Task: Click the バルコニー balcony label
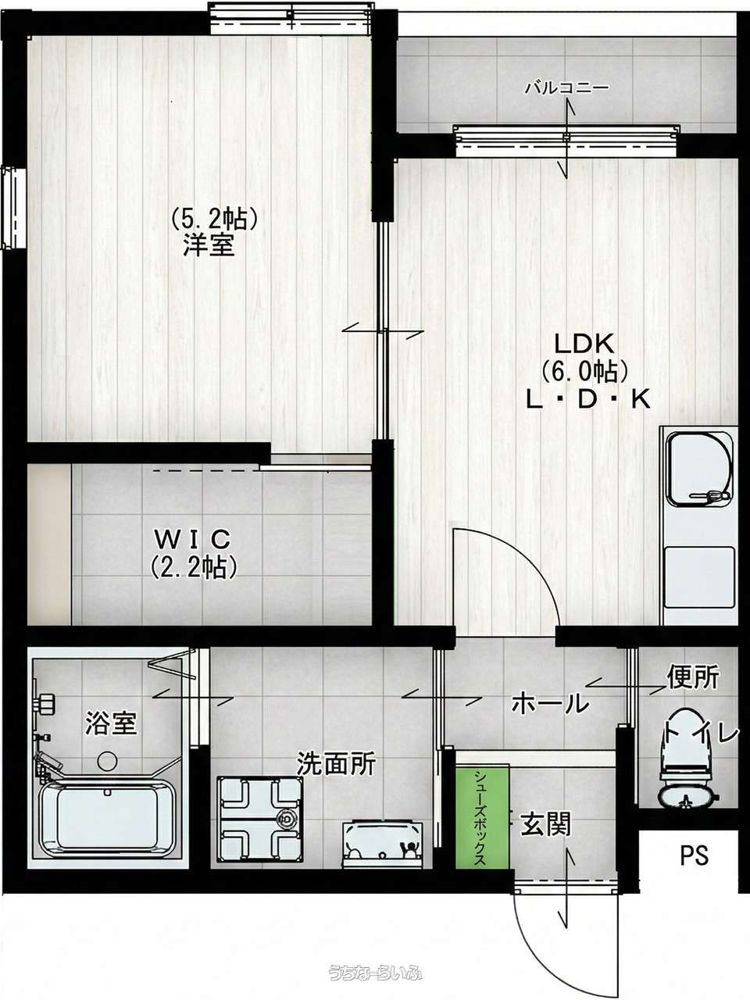tap(566, 87)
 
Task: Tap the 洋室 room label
tap(209, 245)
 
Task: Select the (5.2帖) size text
tap(215, 218)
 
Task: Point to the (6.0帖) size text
tap(584, 372)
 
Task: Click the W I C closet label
tap(193, 541)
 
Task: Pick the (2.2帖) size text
tap(194, 567)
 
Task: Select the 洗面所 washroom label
tap(336, 763)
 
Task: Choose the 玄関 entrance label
tap(546, 823)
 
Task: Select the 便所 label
tap(694, 677)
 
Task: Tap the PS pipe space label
tap(695, 855)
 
